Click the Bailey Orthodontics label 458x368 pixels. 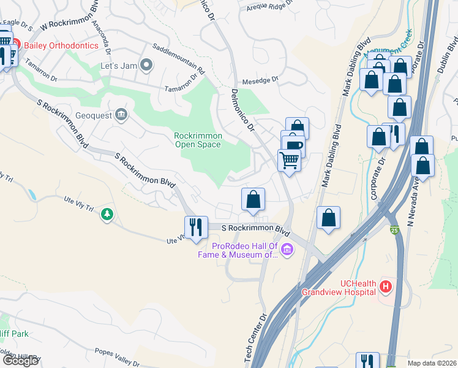pos(58,45)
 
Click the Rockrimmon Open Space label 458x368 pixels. pos(198,140)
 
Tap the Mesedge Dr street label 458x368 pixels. pos(260,79)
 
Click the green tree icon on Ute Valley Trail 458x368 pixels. pos(108,214)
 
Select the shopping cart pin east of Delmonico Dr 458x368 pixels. pos(289,161)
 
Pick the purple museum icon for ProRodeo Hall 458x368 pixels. pos(287,249)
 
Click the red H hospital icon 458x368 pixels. pos(386,286)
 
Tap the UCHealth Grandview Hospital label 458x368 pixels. pos(339,288)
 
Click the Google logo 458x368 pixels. pos(20,361)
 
